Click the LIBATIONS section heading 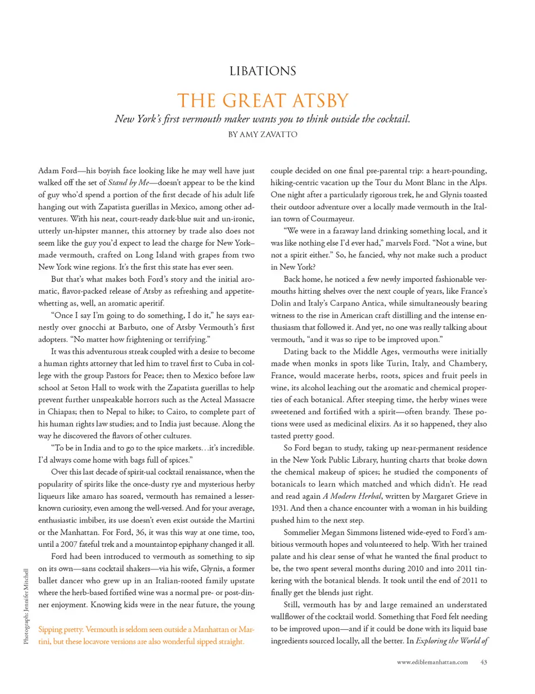point(262,71)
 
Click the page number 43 point(483,662)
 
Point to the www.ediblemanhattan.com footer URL point(432,662)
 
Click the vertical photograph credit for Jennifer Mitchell point(26,606)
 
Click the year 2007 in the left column point(69,544)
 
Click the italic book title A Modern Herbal point(352,496)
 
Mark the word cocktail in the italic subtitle point(391,119)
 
